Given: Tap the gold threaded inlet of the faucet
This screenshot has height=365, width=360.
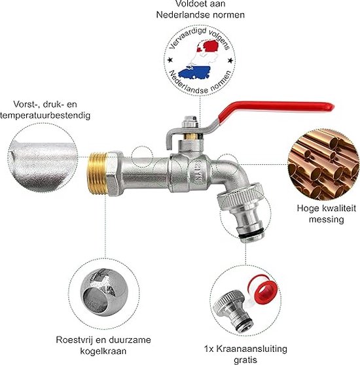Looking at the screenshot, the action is click(97, 173).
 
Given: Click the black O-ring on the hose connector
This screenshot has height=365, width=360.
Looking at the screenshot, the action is click(252, 233).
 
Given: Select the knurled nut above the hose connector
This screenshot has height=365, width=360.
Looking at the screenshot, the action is click(240, 196).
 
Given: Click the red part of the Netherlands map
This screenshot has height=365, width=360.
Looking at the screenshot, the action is click(209, 46).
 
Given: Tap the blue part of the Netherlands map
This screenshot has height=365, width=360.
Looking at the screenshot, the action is click(194, 72).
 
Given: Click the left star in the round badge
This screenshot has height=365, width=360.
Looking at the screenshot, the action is click(170, 60).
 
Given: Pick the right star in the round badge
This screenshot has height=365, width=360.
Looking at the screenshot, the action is click(230, 61).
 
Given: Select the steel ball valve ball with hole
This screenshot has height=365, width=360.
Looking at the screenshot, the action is click(104, 292).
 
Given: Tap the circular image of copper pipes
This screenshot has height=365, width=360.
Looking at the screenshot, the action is click(324, 165).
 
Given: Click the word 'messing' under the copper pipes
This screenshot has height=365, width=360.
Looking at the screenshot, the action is click(327, 220).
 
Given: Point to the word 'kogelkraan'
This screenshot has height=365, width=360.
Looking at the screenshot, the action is click(103, 351).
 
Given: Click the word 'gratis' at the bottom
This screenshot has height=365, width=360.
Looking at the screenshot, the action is click(245, 360).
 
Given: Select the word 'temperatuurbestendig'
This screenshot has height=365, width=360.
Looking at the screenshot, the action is click(45, 116).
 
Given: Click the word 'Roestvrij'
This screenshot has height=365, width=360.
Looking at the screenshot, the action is click(74, 340).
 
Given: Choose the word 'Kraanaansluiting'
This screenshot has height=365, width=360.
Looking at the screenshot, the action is click(252, 349).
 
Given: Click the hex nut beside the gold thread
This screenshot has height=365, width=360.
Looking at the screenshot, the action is click(115, 173).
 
